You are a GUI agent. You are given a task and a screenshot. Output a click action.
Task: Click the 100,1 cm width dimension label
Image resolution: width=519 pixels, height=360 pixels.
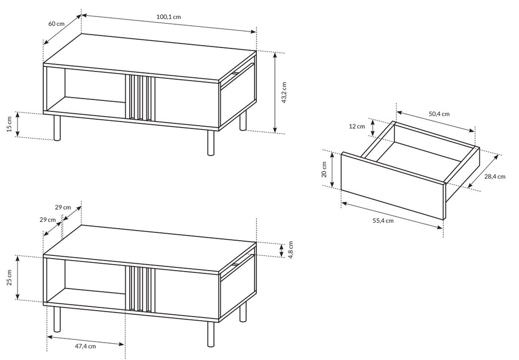tap(169, 16)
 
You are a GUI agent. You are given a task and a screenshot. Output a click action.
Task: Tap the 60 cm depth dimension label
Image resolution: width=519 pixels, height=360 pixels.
tap(56, 24)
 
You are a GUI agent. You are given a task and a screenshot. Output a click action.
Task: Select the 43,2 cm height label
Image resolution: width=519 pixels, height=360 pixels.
tap(284, 92)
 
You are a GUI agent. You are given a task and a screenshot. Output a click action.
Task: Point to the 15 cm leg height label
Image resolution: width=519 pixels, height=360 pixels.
tap(9, 124)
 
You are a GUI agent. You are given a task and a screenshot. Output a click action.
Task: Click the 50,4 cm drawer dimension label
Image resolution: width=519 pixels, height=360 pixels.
tap(439, 114)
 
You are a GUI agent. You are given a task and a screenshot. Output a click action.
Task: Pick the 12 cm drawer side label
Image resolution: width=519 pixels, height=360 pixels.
tap(357, 126)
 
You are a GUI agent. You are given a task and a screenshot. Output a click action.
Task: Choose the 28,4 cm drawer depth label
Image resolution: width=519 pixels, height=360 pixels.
tap(495, 177)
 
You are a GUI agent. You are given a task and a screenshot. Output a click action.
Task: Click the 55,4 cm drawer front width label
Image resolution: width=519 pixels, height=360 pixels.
tap(383, 220)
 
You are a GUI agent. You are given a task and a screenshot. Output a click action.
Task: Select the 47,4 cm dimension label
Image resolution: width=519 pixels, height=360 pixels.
tap(85, 346)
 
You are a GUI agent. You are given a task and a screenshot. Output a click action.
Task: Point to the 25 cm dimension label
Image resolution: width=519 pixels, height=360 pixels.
tap(9, 278)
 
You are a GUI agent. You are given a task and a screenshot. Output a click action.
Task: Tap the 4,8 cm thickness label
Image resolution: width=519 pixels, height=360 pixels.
tap(291, 250)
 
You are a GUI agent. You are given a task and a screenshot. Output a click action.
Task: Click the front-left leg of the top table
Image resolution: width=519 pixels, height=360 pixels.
tap(57, 128)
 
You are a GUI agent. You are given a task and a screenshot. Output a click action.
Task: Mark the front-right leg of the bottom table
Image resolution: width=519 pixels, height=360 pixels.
tap(211, 334)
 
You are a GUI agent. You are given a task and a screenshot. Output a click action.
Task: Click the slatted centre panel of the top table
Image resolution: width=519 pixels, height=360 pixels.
tap(140, 97)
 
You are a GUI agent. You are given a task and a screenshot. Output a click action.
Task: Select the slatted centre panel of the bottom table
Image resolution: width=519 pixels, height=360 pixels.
tap(140, 289)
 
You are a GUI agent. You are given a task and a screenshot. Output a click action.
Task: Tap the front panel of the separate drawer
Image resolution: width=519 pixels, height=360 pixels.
tap(393, 186)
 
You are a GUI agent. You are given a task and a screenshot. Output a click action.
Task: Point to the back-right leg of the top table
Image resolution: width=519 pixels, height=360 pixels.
tap(243, 120)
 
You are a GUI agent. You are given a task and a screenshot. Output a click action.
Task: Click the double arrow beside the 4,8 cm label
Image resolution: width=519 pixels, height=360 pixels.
tap(281, 251)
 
